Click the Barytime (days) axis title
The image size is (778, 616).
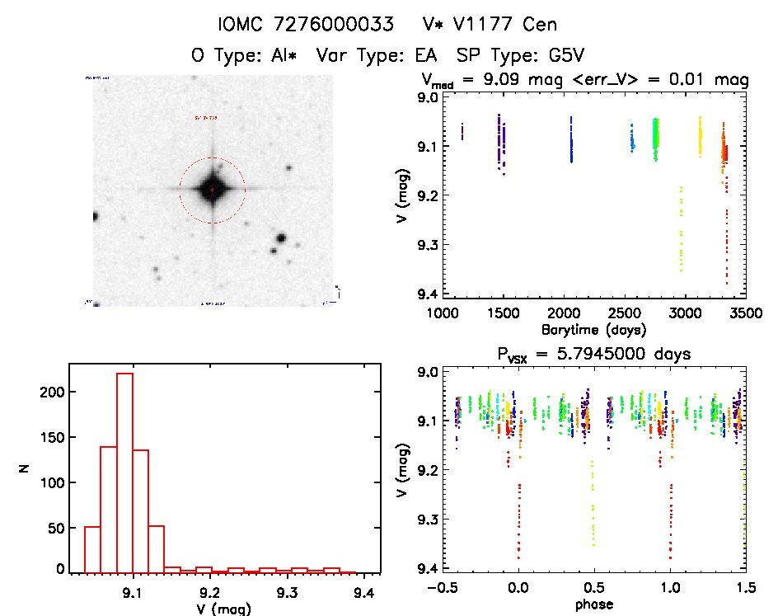(x=593, y=330)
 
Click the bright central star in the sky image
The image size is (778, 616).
(x=212, y=189)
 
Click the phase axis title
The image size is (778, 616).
(x=593, y=604)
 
